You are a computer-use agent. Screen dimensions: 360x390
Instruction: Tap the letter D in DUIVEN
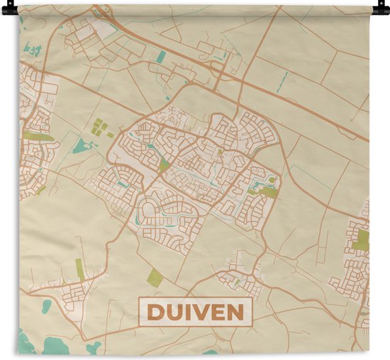tap(155, 313)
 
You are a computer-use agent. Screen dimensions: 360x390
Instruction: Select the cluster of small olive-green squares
tap(100, 128)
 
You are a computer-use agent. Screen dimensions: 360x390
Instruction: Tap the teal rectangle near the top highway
tap(161, 56)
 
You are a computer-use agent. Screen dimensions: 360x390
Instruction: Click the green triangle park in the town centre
tap(165, 164)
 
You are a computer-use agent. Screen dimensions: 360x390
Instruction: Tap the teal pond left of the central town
tap(80, 147)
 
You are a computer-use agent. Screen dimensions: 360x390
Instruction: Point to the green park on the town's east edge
tap(269, 189)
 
